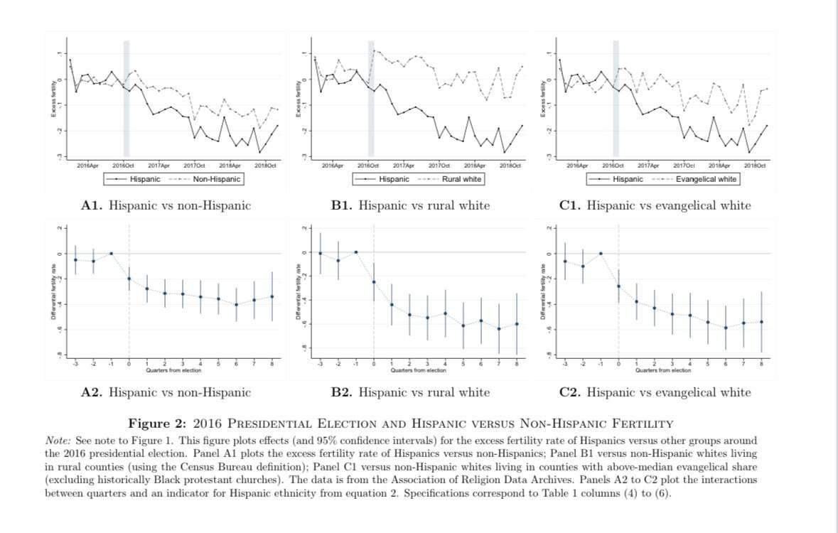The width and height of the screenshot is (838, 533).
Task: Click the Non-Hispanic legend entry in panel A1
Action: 217,179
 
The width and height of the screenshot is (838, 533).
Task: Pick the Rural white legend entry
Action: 461,179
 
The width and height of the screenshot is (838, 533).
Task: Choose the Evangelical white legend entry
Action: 706,179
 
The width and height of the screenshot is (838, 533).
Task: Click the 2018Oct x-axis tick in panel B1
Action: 510,165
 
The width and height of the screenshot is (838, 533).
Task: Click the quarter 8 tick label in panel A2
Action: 272,364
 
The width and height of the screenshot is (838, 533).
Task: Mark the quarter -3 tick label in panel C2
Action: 565,364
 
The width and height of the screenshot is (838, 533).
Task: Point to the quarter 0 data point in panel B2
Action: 374,282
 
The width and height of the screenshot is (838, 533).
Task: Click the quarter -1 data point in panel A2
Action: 111,253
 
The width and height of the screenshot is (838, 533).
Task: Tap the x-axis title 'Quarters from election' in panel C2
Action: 664,370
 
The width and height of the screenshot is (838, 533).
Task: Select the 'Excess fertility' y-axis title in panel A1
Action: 53,99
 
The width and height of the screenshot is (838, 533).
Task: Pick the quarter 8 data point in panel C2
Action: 761,322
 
